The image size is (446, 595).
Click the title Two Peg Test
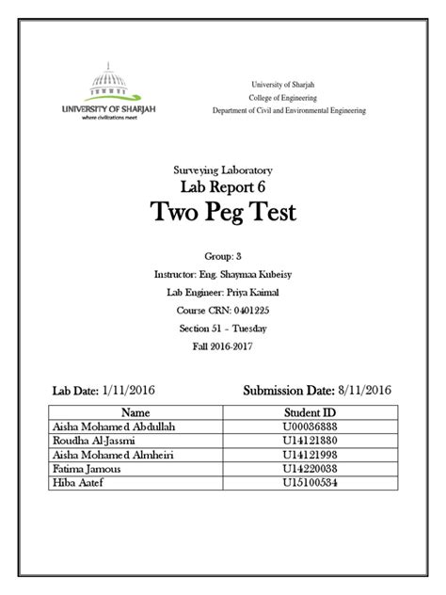(222, 212)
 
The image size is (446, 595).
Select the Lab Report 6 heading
(223, 185)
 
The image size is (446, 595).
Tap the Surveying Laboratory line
(223, 167)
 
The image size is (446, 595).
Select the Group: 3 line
(223, 255)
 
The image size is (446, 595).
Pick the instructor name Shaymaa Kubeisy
(251, 274)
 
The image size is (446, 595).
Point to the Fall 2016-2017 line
(223, 348)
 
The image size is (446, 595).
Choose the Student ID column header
(311, 413)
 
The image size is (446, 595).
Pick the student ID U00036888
(311, 426)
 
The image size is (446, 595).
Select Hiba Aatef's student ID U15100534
(311, 483)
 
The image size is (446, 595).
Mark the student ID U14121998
(311, 455)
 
